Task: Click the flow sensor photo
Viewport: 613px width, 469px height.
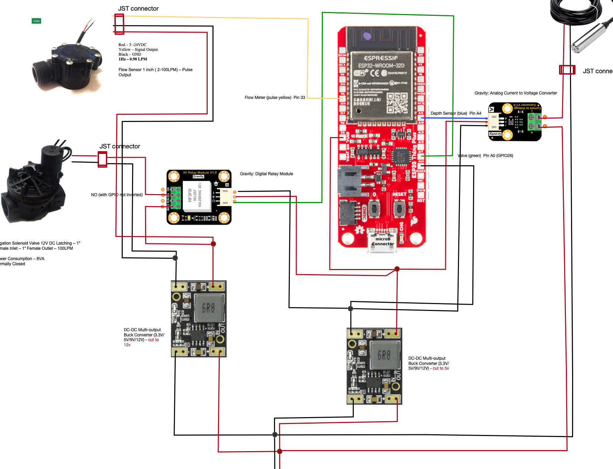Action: click(67, 64)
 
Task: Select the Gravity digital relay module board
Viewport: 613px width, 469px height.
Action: click(199, 197)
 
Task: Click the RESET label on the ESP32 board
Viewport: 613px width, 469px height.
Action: click(399, 194)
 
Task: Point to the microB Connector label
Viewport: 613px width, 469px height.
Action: click(383, 242)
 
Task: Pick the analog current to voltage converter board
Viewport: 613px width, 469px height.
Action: click(515, 122)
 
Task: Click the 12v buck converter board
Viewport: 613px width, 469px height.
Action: click(199, 319)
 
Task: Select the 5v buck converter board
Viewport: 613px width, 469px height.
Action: click(374, 366)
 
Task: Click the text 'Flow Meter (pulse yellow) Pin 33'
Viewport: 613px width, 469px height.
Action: click(275, 98)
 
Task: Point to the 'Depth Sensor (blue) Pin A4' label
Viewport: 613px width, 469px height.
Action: click(456, 113)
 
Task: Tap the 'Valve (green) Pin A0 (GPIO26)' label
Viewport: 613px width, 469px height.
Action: click(485, 156)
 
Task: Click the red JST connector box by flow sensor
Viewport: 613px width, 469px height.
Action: click(119, 24)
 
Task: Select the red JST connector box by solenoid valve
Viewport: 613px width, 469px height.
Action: click(102, 159)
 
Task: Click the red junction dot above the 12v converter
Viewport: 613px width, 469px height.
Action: click(213, 244)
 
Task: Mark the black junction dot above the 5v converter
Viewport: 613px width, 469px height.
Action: click(350, 309)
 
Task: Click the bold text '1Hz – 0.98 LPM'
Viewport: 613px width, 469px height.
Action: click(133, 59)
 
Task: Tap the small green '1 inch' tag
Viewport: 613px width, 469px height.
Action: click(36, 21)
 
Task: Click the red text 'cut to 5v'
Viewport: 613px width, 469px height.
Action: click(441, 368)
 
